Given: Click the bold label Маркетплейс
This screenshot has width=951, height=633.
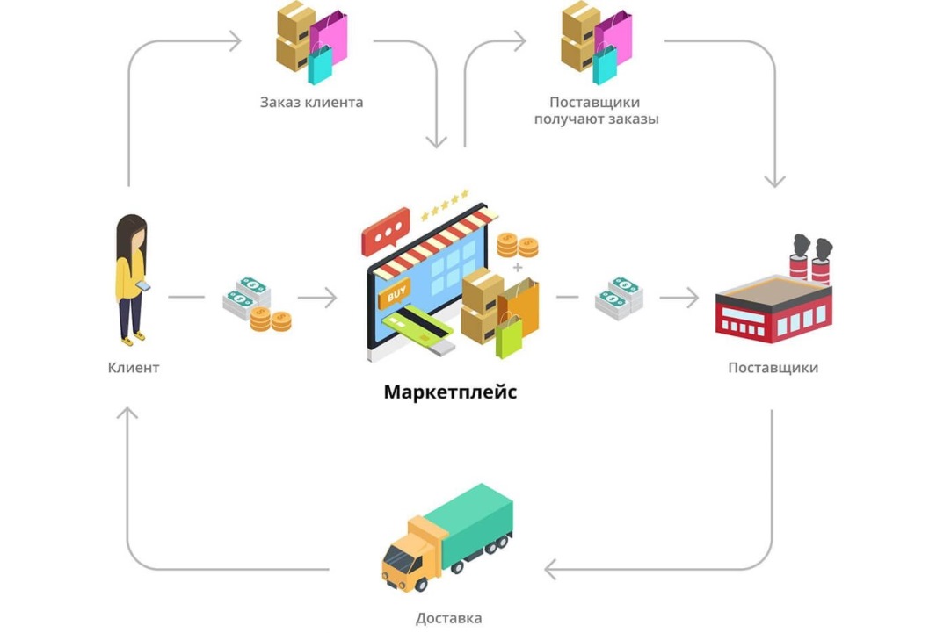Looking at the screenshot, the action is coord(450,392).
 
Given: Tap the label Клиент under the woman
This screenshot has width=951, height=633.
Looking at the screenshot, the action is coord(134,368).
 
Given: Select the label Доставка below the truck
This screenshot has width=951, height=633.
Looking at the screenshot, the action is coord(449,618).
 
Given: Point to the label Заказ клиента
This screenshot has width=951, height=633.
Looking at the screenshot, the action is coord(312,103).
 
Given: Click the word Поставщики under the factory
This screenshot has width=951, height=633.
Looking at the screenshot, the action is coord(773,368).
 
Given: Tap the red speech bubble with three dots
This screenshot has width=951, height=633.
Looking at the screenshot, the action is coord(385,232).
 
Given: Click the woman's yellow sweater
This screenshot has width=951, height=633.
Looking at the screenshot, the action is coord(129,276).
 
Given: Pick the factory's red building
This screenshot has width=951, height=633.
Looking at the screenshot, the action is coord(774,309).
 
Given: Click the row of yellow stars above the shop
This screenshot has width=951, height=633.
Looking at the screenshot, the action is coord(445,205).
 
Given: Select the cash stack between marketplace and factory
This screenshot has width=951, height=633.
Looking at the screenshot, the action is coord(619,298).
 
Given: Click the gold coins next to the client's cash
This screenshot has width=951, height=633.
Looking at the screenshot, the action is coord(271,319).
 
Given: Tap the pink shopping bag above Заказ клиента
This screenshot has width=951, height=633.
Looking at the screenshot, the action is coord(328,38).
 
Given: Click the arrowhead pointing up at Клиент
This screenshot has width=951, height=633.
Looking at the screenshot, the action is coord(127,414).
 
